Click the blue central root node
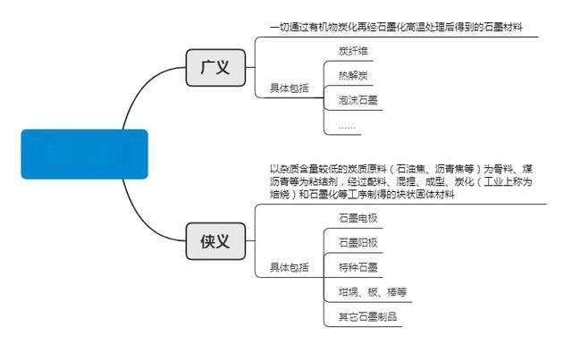pyautogui.click(x=84, y=154)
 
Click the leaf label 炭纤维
pyautogui.click(x=352, y=50)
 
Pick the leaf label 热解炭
pyautogui.click(x=352, y=75)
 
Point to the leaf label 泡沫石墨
pyautogui.click(x=356, y=100)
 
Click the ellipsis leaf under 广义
pyautogui.click(x=347, y=126)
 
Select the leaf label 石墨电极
pyautogui.click(x=357, y=217)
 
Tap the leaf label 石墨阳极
pyautogui.click(x=357, y=242)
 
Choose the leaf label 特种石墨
pyautogui.click(x=357, y=267)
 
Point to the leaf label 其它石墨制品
pyautogui.click(x=367, y=317)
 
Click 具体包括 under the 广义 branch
pyautogui.click(x=289, y=88)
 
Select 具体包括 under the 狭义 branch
pyautogui.click(x=289, y=267)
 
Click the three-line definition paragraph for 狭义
pyautogui.click(x=401, y=181)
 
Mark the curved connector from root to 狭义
pyautogui.click(x=147, y=211)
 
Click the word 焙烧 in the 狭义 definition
pyautogui.click(x=283, y=195)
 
